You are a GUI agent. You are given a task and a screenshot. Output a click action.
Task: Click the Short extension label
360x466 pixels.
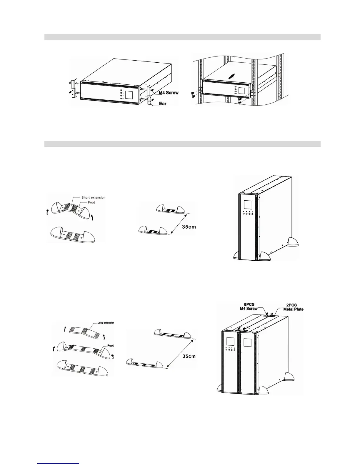pos(93,197)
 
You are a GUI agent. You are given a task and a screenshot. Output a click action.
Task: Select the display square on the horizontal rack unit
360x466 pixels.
pos(130,94)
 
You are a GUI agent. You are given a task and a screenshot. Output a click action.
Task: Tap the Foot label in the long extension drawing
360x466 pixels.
pos(110,346)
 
